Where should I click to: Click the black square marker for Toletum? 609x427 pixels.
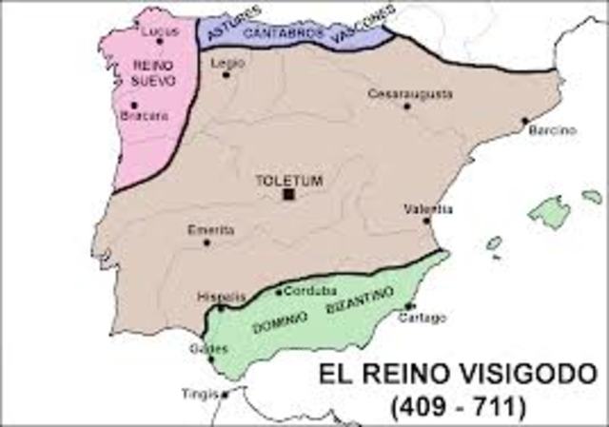click(x=288, y=194)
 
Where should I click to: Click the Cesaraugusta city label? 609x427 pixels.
click(x=410, y=93)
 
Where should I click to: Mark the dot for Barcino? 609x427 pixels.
click(x=523, y=121)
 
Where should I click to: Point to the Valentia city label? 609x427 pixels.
click(x=427, y=208)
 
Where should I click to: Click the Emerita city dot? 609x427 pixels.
click(x=207, y=243)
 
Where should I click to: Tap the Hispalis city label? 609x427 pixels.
click(x=214, y=296)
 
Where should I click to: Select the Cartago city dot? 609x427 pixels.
click(x=409, y=305)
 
